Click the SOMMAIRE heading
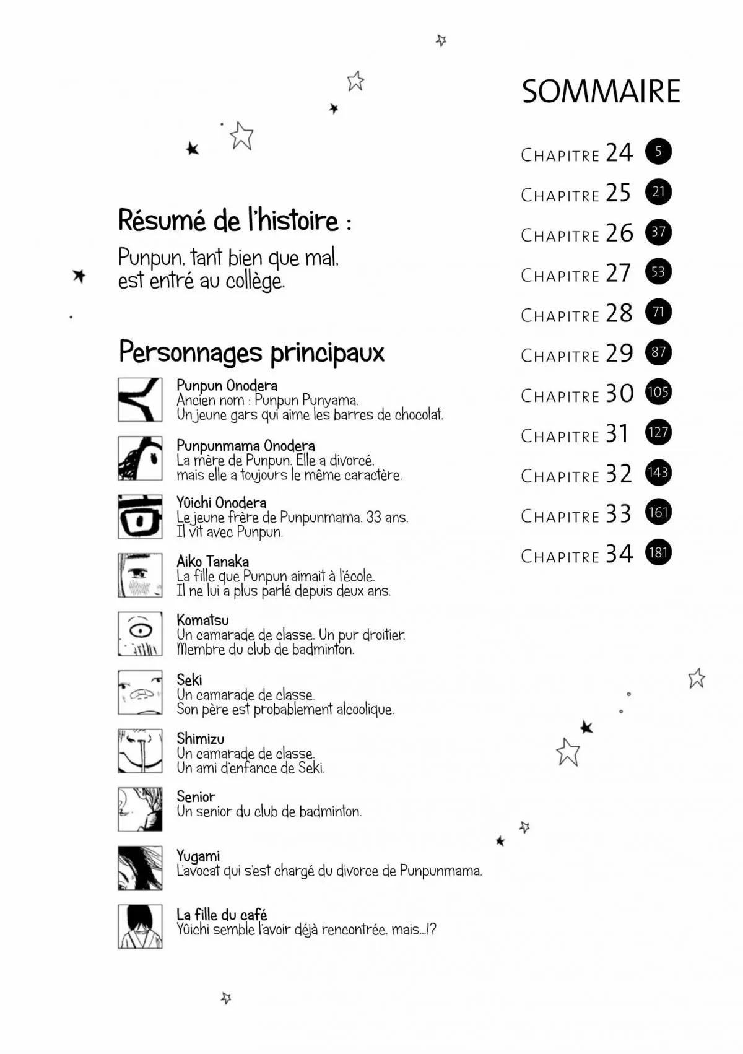601,92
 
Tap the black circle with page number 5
658,151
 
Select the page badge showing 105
658,392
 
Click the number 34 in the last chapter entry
619,554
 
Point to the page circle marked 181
658,552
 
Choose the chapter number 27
618,273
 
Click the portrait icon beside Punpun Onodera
140,400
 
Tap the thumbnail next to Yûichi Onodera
140,517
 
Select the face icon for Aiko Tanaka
140,575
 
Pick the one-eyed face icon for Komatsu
140,634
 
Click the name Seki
189,680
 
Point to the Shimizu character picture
140,751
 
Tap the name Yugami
198,856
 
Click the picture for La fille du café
140,926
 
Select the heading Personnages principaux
251,352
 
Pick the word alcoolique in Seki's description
365,710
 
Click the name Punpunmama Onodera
245,446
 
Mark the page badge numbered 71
658,312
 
